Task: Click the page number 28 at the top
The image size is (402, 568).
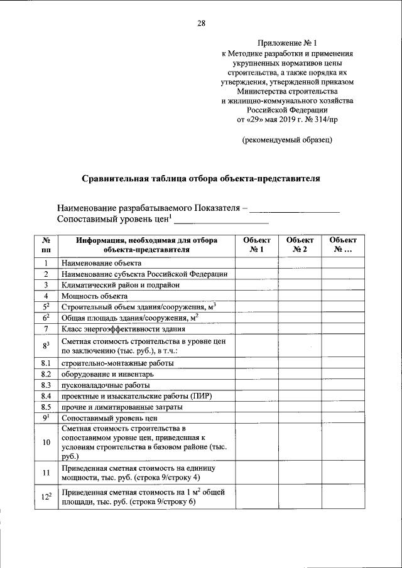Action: click(201, 24)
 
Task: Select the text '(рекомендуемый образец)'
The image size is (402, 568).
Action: click(287, 139)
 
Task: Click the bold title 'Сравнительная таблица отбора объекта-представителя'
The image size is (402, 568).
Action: click(201, 178)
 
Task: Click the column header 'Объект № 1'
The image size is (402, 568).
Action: click(256, 245)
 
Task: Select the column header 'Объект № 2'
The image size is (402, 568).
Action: click(300, 245)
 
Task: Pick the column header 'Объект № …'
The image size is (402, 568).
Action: click(342, 245)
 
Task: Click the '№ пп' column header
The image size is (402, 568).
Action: click(46, 245)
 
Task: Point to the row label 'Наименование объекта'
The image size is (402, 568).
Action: click(101, 263)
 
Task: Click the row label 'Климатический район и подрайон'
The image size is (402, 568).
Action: click(121, 285)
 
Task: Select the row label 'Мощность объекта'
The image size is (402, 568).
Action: click(94, 296)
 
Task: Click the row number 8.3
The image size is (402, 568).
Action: click(46, 385)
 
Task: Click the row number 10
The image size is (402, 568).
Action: click(46, 442)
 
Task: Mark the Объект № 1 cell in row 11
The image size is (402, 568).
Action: click(256, 473)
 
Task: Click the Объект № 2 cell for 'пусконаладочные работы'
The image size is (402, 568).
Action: click(300, 385)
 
